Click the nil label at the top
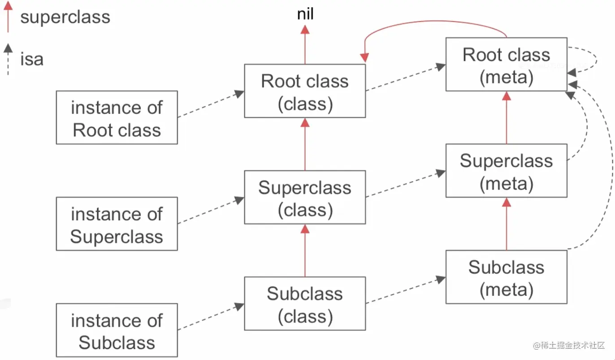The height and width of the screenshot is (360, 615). point(305,14)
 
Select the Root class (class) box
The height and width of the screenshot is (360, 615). point(305,91)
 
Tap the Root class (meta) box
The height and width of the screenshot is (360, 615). point(507,64)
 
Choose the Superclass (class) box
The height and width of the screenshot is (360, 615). point(305,197)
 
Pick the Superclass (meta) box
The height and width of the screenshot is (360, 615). point(507,170)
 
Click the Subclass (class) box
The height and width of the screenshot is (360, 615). point(305,304)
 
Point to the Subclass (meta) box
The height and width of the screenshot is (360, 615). point(507,277)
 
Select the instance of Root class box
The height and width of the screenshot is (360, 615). point(117,117)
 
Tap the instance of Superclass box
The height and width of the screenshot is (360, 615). point(117,224)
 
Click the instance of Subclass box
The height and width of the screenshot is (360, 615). point(117,330)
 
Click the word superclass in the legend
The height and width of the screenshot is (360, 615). point(65,17)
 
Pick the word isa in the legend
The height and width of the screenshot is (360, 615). point(32,59)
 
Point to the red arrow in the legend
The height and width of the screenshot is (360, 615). point(8,17)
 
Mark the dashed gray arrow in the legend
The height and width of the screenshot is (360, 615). point(8,59)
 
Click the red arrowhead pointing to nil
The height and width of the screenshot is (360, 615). point(305,30)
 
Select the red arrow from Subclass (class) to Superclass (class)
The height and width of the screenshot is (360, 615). point(305,251)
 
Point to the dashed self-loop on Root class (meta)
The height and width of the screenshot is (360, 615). point(596,60)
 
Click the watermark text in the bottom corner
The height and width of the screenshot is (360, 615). point(569,345)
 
